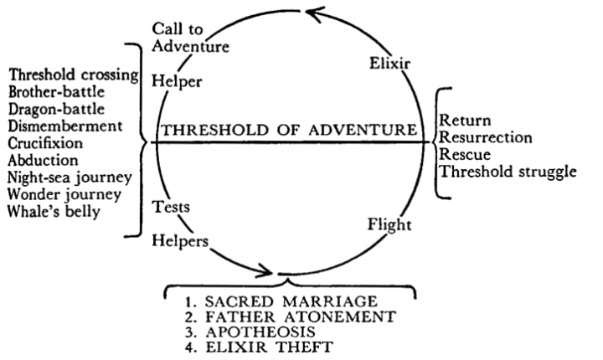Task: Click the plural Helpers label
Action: coord(179,240)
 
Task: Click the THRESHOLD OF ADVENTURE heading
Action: coord(289,130)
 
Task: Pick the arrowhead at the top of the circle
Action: coord(313,12)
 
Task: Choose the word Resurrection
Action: coord(486,137)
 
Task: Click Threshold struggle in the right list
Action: coord(508,172)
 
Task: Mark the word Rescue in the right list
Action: coord(463,155)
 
